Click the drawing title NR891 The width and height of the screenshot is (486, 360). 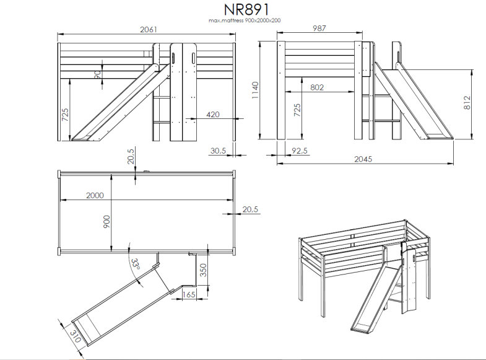[245, 11]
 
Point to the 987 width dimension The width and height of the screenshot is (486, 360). [318, 29]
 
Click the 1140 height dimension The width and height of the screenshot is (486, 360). [256, 91]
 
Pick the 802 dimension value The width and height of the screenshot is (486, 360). [316, 87]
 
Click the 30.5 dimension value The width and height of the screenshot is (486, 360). [217, 150]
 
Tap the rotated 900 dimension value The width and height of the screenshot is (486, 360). [106, 221]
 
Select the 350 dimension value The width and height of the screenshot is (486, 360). [204, 270]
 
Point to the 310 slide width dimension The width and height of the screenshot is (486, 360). [75, 338]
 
